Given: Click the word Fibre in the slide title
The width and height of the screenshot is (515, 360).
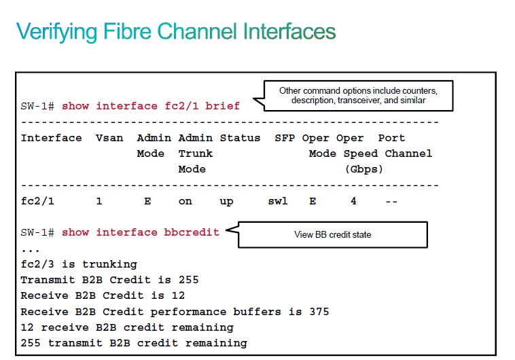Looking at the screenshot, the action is [128, 31].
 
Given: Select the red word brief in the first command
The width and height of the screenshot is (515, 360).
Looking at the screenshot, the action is [223, 106].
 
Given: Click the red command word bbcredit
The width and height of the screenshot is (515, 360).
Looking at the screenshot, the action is [192, 232].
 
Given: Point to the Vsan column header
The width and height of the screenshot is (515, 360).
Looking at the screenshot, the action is [109, 138].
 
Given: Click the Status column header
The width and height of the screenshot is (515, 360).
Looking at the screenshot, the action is [240, 138].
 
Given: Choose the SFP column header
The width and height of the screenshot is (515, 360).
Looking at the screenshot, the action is [285, 138].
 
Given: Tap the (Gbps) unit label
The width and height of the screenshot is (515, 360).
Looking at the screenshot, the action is [364, 170].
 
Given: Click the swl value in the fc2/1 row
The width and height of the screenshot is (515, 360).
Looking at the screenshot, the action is [278, 201].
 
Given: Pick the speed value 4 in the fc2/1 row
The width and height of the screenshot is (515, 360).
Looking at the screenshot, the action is [353, 201].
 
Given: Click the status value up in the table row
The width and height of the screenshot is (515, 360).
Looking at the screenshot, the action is [227, 202].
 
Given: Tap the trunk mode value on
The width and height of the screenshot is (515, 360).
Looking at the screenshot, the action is [185, 201].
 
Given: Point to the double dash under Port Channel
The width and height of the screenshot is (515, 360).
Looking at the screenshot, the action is [391, 201].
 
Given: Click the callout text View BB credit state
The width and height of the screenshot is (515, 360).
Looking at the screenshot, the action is [333, 234].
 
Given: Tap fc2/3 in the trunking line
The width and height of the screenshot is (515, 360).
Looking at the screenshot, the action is [37, 264].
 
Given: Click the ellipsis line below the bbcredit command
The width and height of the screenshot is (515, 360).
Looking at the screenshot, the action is [30, 251].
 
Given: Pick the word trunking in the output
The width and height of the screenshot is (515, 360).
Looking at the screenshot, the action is [109, 265].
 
